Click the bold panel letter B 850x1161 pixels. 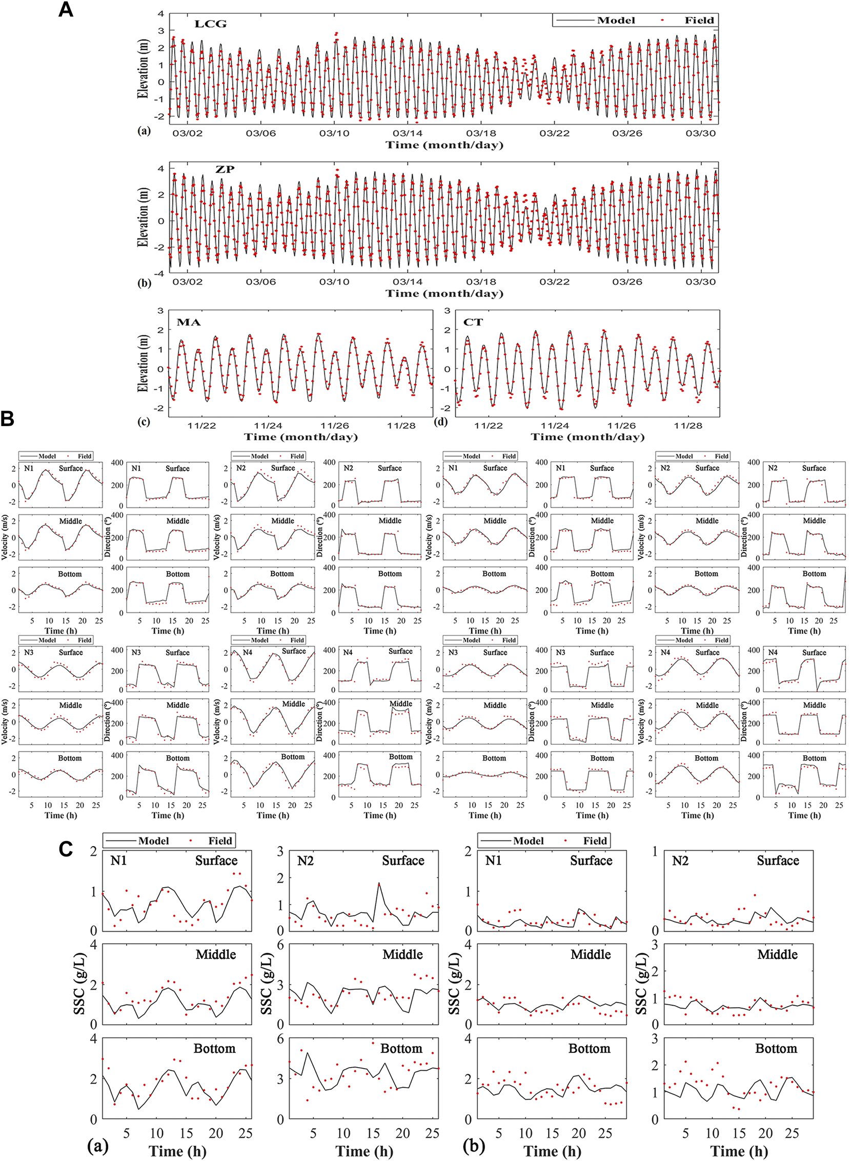coord(7,418)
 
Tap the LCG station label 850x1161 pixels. coord(210,24)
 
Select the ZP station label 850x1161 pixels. coord(225,169)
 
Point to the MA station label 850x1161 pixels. coord(188,323)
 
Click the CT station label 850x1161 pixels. coord(473,322)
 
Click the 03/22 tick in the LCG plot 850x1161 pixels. coord(554,133)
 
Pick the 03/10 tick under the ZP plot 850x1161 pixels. coord(334,282)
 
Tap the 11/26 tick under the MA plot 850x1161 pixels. coord(334,426)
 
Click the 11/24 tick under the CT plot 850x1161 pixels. coord(555,426)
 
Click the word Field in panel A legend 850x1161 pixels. coord(699,21)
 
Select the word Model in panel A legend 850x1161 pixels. coord(616,21)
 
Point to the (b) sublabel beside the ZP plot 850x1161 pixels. coord(144,283)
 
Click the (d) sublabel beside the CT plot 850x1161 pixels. coord(441,422)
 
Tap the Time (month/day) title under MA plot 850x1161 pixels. coord(300,437)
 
